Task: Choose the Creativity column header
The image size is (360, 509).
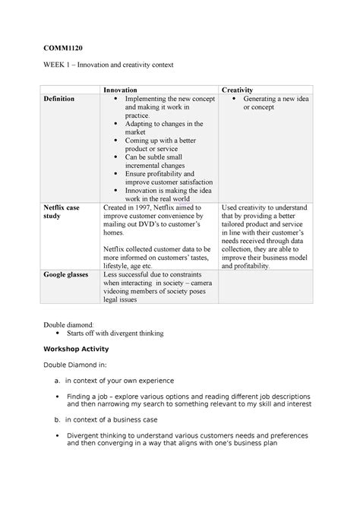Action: [236, 90]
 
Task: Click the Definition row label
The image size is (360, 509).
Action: [60, 100]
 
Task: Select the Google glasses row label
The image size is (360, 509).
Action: [66, 273]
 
